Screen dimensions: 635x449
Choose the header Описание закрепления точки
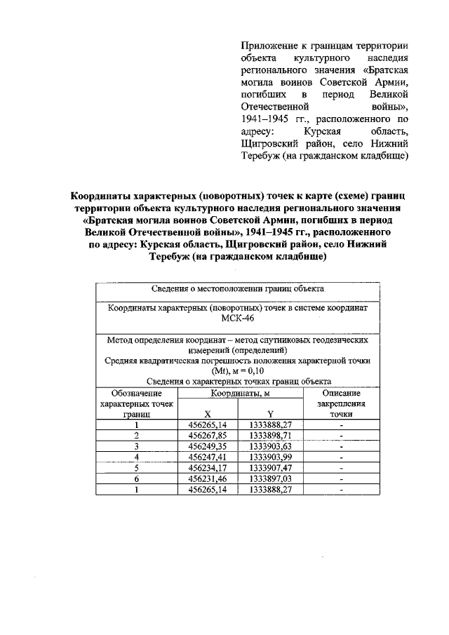pyautogui.click(x=341, y=405)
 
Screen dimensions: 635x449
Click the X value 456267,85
pyautogui.click(x=208, y=435)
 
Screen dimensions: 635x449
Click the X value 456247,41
pyautogui.click(x=208, y=457)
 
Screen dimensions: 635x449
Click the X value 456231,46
pyautogui.click(x=208, y=479)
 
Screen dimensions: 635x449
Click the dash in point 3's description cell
pyautogui.click(x=341, y=446)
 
